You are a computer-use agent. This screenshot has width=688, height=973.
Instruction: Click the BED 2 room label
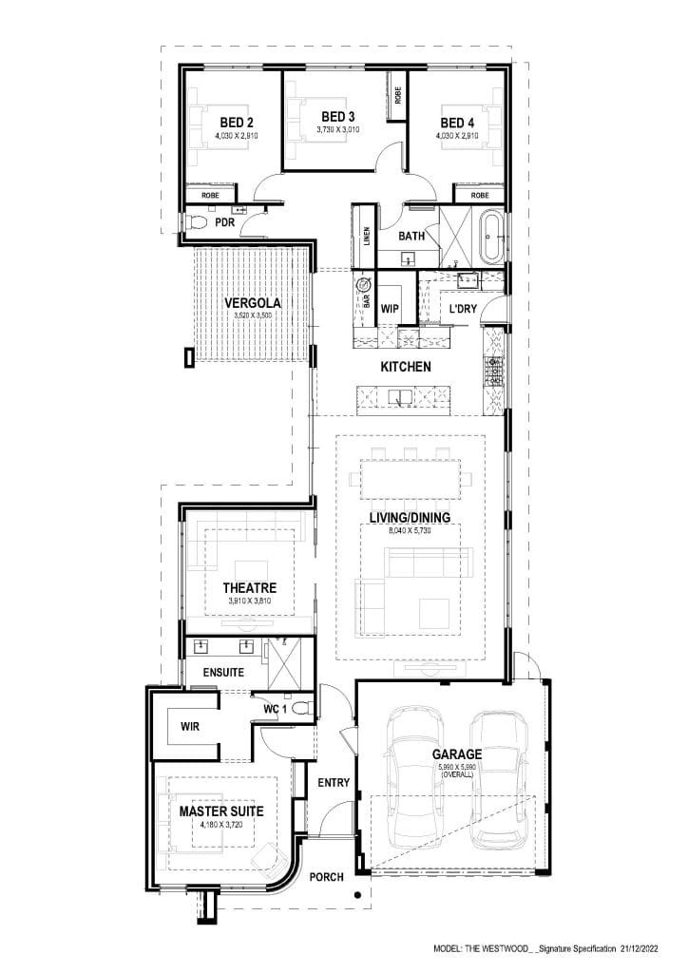[236, 123]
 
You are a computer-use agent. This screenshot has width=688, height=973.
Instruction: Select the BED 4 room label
[456, 123]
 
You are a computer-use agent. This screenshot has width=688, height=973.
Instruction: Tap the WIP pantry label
[390, 309]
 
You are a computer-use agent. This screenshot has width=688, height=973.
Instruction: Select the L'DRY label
[463, 309]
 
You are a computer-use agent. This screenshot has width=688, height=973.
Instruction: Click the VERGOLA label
[252, 303]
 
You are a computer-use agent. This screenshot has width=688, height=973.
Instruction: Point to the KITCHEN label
[406, 366]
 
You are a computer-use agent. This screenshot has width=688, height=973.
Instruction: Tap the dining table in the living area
[410, 478]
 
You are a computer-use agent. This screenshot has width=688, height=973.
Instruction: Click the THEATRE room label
[249, 588]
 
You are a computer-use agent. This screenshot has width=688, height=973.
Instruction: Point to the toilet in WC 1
[300, 707]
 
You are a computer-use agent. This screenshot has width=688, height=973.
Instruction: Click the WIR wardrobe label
[190, 726]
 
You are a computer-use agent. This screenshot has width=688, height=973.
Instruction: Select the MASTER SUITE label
[221, 812]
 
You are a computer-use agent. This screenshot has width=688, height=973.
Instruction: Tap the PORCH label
[327, 877]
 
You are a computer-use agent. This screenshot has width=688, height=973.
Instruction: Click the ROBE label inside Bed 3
[397, 95]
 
